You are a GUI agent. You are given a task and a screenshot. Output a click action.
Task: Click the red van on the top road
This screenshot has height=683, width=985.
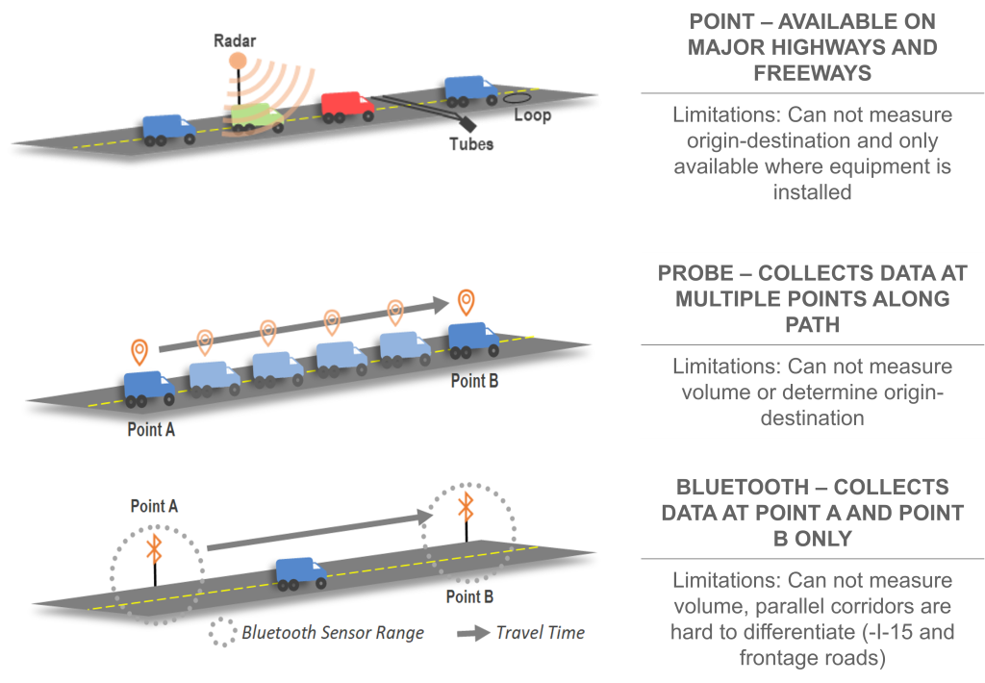pyautogui.click(x=347, y=106)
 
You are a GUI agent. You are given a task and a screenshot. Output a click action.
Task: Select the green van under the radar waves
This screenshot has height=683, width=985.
pyautogui.click(x=257, y=117)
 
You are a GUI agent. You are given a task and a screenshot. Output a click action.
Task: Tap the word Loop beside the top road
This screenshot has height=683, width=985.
pyautogui.click(x=533, y=115)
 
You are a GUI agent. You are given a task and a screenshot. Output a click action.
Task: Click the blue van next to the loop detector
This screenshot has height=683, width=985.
pyautogui.click(x=469, y=89)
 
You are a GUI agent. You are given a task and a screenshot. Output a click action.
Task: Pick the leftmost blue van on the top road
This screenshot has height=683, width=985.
pyautogui.click(x=168, y=128)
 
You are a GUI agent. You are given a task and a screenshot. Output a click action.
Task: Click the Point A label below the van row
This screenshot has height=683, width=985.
pyautogui.click(x=151, y=429)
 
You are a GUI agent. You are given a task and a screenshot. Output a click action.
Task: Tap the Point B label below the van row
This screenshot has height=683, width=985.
pyautogui.click(x=474, y=381)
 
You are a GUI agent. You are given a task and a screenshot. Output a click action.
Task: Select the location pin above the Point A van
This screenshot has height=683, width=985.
pyautogui.click(x=140, y=350)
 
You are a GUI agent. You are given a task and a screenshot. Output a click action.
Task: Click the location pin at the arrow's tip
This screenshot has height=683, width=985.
pyautogui.click(x=467, y=301)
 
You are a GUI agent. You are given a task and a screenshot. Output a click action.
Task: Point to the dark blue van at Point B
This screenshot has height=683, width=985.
pyautogui.click(x=473, y=340)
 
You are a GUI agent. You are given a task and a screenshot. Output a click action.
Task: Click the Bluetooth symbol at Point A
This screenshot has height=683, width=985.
pyautogui.click(x=153, y=548)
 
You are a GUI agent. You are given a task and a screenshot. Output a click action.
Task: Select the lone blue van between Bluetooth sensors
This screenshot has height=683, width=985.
pyautogui.click(x=301, y=572)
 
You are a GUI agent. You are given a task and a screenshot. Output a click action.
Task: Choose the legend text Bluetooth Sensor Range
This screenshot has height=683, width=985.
pyautogui.click(x=333, y=632)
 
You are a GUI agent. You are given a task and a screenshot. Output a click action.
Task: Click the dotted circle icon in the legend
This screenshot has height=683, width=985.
pyautogui.click(x=225, y=632)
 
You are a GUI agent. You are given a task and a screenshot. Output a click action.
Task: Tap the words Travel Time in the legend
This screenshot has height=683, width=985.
pyautogui.click(x=540, y=632)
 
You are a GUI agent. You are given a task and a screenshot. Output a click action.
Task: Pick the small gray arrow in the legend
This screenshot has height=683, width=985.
pyautogui.click(x=472, y=633)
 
